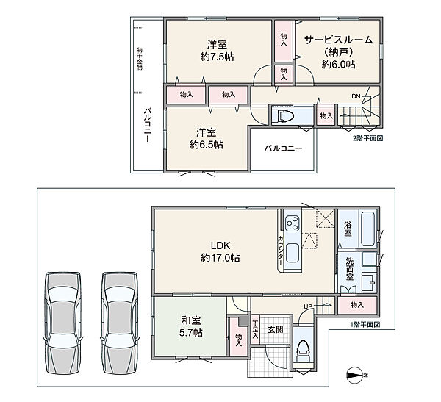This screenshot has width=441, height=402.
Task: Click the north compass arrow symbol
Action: [x=356, y=376]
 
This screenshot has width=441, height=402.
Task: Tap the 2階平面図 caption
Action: [x=367, y=138]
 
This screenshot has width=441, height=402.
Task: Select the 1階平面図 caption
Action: [x=365, y=325]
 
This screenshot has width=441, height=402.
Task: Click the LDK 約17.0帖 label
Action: [x=220, y=251]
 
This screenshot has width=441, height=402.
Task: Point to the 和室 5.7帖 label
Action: [x=191, y=326]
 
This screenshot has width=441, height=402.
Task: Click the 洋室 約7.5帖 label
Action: [x=217, y=51]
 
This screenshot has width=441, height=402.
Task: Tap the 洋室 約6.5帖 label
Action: [x=207, y=138]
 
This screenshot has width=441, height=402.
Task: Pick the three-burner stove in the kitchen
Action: [x=293, y=223]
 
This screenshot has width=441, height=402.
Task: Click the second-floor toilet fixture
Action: [x=284, y=115]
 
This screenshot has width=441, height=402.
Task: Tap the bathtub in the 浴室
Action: [x=368, y=229]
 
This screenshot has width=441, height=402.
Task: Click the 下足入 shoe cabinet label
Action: [x=255, y=329]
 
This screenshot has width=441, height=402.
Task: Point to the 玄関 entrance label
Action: [x=276, y=329]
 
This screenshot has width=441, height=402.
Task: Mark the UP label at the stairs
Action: [x=308, y=306]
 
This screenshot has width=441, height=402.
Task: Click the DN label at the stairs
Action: [x=356, y=96]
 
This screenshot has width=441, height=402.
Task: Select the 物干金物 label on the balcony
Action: [x=140, y=59]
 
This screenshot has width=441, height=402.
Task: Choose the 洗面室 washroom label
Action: [x=350, y=269]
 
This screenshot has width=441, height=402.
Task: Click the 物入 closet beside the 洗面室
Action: [x=357, y=305]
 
